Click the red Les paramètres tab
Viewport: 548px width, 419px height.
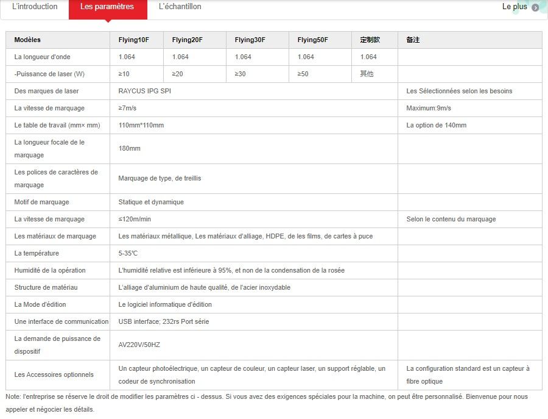coord(107,7)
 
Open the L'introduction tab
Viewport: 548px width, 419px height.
coord(35,7)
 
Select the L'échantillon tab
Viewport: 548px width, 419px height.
coord(180,7)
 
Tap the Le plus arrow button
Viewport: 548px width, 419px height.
coord(535,7)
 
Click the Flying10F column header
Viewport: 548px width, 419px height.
coord(133,40)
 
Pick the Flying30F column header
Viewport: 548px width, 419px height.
coord(250,40)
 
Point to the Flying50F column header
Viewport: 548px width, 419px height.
coord(313,40)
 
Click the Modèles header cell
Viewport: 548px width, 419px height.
coord(27,40)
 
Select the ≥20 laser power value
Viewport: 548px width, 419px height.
coord(178,74)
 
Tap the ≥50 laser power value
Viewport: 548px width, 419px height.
coord(303,74)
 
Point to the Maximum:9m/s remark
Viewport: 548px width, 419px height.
coord(429,109)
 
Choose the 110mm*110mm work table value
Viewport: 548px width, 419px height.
coord(141,126)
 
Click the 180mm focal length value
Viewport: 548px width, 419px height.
coord(130,149)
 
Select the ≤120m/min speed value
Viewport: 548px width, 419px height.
coord(135,220)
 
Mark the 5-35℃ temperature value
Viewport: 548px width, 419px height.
coord(128,254)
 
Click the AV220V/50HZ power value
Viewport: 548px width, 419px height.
coord(139,345)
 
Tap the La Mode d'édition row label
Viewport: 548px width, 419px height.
coord(40,305)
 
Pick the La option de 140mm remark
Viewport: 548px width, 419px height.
coord(437,126)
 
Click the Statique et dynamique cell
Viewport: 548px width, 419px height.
coord(151,202)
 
